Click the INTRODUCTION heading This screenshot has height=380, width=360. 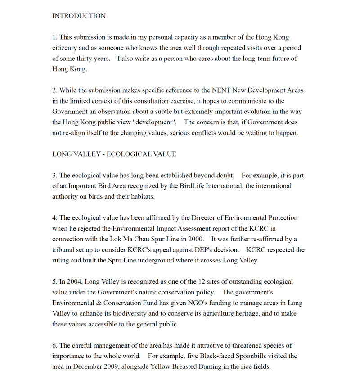point(79,16)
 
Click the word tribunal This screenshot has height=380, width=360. point(66,250)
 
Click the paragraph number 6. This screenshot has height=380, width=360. point(54,346)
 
